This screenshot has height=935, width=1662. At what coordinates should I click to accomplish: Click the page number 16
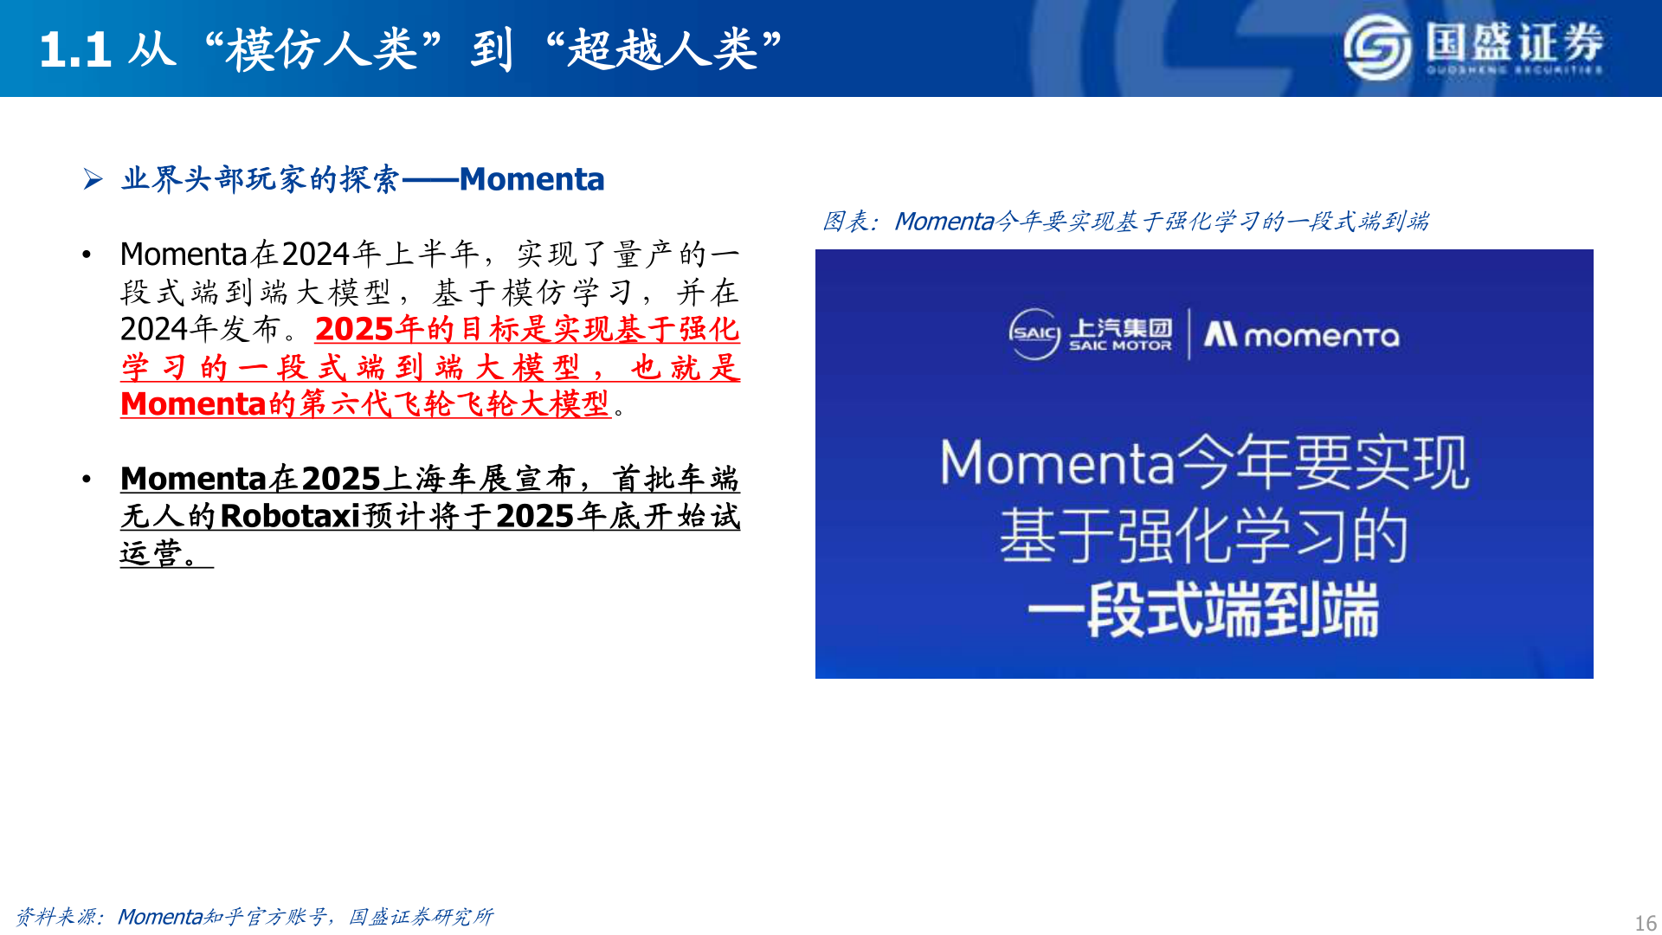point(1645,923)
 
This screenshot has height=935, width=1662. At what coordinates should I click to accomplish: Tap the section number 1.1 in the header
point(75,49)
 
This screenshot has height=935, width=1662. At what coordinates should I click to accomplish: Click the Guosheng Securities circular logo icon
point(1376,48)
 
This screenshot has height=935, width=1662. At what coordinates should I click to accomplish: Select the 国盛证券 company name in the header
point(1515,41)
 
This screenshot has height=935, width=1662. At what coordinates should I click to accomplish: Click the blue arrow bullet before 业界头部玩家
point(93,179)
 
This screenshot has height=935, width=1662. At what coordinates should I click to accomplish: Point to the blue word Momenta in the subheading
point(531,179)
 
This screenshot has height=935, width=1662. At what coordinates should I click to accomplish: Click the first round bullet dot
point(87,255)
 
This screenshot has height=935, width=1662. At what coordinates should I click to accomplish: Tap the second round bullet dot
point(87,479)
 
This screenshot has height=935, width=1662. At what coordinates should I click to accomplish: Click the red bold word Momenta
point(193,404)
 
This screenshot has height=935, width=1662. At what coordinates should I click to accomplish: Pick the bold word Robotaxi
point(290,516)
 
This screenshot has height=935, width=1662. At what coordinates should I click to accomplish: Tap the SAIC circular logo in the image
point(1034,333)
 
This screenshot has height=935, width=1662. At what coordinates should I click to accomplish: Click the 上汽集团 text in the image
point(1120,328)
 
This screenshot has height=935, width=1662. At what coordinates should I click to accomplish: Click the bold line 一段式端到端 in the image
point(1203,610)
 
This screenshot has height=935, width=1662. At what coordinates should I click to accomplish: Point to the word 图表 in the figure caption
point(845,222)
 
